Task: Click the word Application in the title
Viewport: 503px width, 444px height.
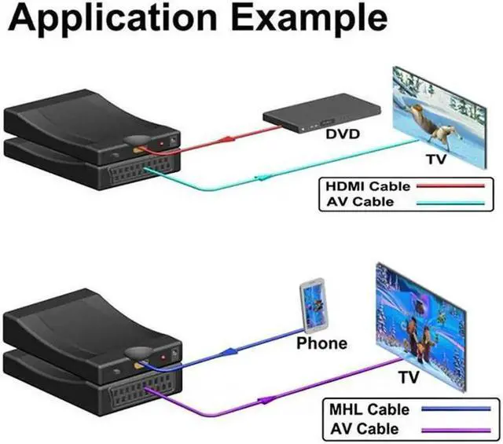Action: [x=112, y=18]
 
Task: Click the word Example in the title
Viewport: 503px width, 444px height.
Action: [x=309, y=18]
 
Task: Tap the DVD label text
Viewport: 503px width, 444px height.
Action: [x=343, y=134]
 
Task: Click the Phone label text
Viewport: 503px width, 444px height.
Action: [x=321, y=343]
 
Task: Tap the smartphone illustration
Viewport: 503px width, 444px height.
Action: [x=314, y=306]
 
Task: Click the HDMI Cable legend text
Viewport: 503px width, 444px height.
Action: [x=368, y=186]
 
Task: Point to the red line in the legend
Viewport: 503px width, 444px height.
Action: [x=450, y=185]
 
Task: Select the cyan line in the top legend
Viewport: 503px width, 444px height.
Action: [x=450, y=203]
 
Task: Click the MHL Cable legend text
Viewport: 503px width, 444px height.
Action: [x=369, y=409]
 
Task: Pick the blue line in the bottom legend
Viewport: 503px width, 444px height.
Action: [x=456, y=409]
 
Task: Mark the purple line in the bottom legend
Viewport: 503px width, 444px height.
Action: [x=456, y=430]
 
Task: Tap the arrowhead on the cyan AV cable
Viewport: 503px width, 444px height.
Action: [x=264, y=178]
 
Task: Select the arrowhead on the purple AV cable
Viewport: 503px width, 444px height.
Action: [x=266, y=400]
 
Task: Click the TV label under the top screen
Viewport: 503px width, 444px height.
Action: [x=436, y=159]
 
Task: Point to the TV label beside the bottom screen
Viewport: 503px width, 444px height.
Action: [x=409, y=377]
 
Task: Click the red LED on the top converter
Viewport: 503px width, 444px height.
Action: [x=162, y=144]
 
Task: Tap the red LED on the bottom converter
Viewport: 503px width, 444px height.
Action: [x=163, y=358]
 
